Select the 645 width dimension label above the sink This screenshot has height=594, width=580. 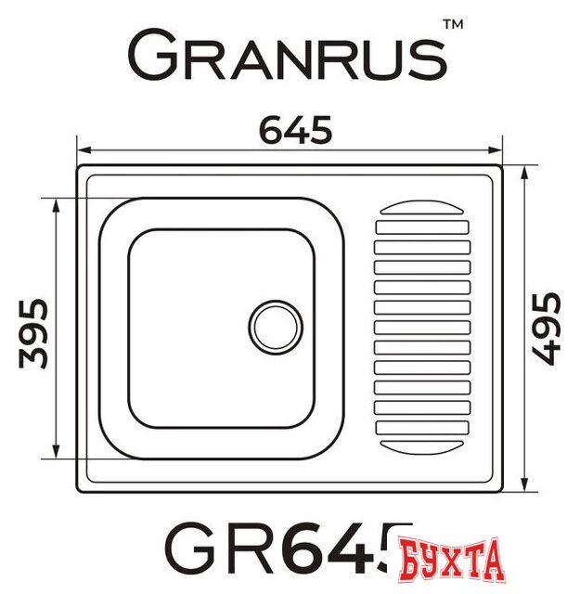[294, 132]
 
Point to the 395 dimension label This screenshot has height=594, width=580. [33, 332]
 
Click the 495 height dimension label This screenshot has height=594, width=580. [548, 327]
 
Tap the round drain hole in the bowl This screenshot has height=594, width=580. [276, 326]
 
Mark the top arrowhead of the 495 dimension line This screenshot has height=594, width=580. [526, 173]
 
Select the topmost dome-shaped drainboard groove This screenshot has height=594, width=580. [421, 209]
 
